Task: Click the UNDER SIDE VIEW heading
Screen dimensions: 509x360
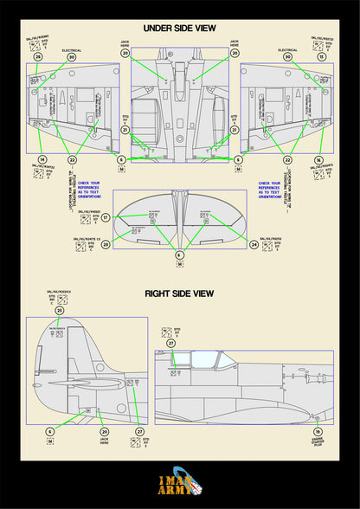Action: pos(179,28)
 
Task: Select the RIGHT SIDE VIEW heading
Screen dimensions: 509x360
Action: pos(179,293)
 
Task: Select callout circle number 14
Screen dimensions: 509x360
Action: pos(42,160)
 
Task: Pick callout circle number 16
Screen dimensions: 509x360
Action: pos(318,160)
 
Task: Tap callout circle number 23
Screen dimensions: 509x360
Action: pos(106,245)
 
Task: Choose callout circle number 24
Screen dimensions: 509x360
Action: pos(254,245)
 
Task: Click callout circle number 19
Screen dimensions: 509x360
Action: pos(318,431)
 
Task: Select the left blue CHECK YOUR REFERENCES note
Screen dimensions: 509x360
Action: pos(89,190)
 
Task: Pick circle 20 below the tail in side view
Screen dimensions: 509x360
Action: pos(105,431)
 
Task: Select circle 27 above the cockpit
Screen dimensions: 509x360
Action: pos(170,344)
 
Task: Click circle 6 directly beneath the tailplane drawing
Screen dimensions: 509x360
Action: pos(179,255)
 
